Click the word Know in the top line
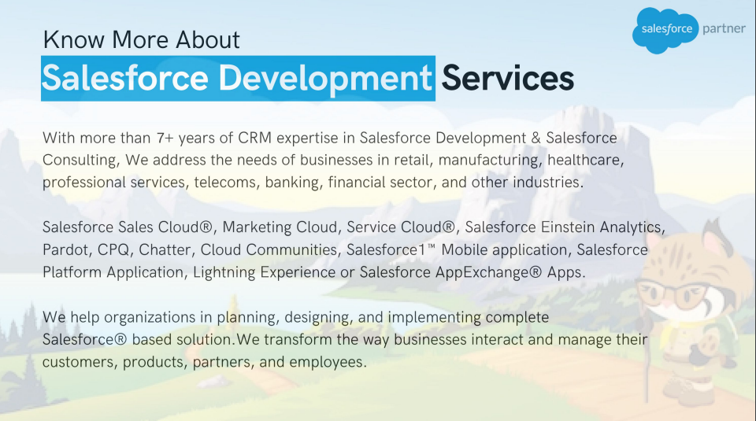click(x=73, y=39)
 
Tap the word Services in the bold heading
click(x=508, y=78)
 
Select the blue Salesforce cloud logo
click(x=666, y=30)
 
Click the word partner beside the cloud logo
click(x=724, y=28)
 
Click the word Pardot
click(x=67, y=250)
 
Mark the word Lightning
click(x=224, y=273)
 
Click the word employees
click(x=328, y=362)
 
